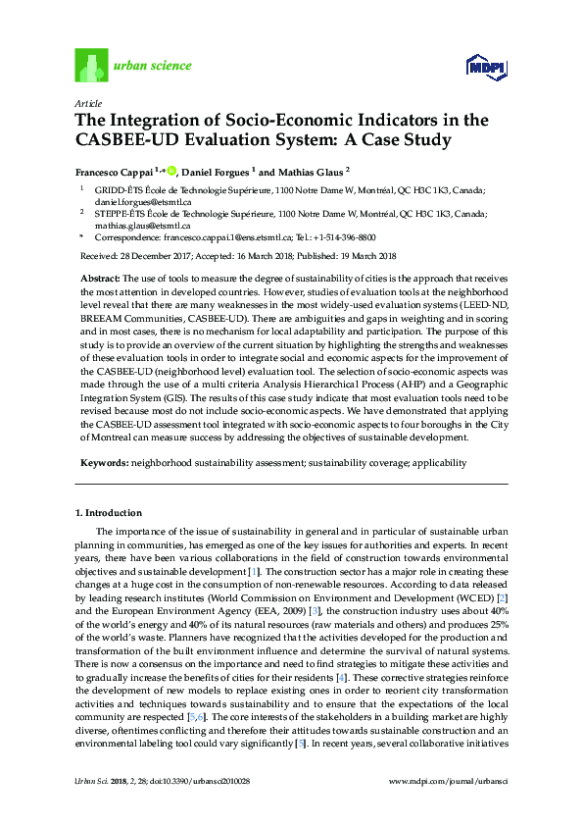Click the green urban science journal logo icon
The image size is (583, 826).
click(92, 66)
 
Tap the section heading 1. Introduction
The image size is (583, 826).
click(109, 513)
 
